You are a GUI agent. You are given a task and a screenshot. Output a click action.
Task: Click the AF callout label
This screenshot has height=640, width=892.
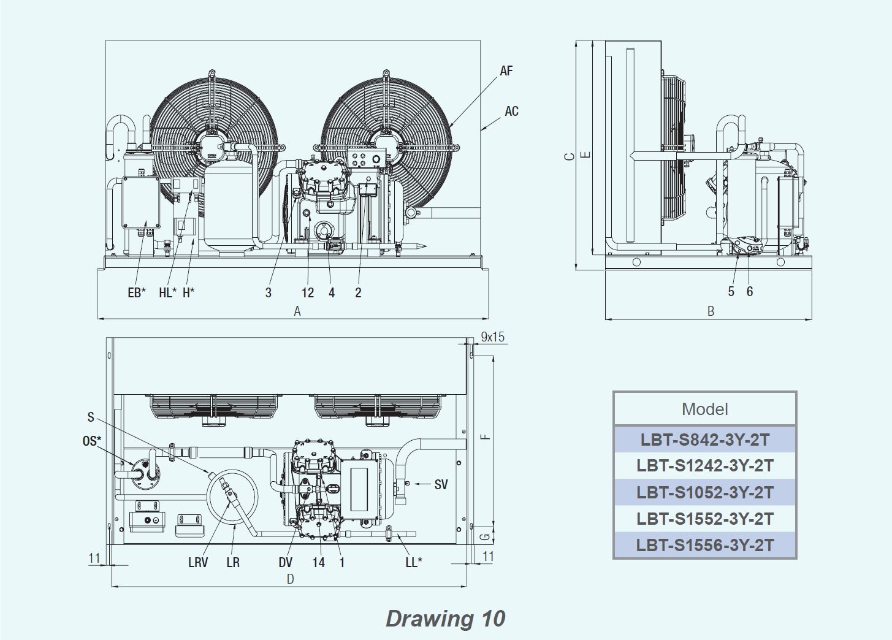[x=506, y=71]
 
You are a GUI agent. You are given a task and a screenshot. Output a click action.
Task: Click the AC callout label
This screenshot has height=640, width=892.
[x=512, y=111]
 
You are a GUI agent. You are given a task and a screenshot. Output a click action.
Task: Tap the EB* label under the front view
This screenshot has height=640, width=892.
[x=137, y=292]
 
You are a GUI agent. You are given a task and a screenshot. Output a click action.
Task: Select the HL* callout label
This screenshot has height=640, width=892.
[x=167, y=292]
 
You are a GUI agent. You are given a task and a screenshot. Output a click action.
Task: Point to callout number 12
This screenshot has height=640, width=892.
[x=307, y=292]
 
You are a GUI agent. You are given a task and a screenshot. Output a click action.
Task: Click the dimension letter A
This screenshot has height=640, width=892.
[x=297, y=311]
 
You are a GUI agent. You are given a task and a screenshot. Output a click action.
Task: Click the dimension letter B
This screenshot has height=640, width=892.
[x=711, y=311]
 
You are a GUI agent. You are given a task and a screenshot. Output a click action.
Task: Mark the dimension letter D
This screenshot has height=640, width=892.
[x=291, y=579]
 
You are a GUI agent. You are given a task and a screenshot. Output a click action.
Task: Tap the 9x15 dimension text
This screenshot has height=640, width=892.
[x=492, y=337]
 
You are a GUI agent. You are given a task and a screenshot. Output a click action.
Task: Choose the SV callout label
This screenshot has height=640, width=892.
[x=441, y=485]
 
